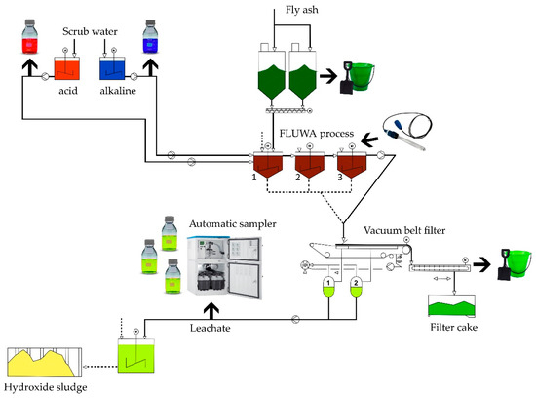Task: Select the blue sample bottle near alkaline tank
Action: (152, 42)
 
